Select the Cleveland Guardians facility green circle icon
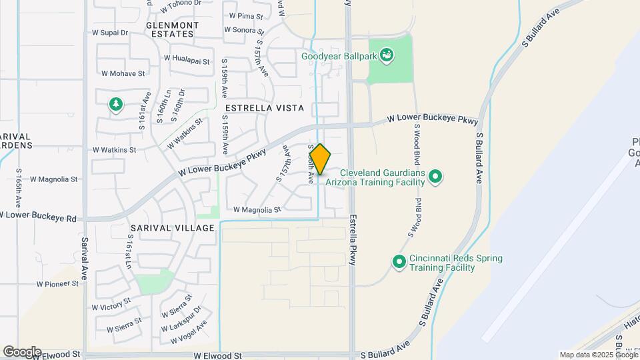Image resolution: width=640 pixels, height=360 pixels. coord(435,177)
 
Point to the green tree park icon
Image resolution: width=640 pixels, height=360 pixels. coord(116,104)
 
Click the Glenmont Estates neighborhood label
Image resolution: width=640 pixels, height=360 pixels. coord(172,29)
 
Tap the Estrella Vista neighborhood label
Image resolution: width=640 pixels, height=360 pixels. coord(265,107)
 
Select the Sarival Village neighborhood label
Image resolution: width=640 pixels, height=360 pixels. coord(173,228)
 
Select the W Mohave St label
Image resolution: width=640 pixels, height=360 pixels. coord(123,73)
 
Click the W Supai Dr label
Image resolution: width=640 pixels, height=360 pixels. coord(109,32)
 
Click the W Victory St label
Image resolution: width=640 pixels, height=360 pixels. coord(111,307)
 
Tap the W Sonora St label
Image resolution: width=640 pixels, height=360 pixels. coord(244,30)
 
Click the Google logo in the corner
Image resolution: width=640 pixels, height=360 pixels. coord(21,352)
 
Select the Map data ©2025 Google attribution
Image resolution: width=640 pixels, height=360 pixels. coord(598,355)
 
